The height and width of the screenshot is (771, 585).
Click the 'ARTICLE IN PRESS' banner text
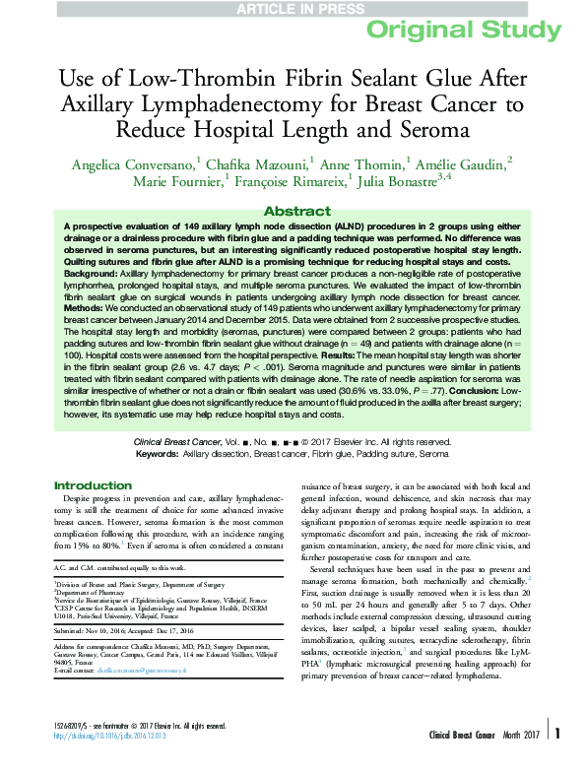click(292, 8)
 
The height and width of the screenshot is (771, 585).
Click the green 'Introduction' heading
click(93, 485)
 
